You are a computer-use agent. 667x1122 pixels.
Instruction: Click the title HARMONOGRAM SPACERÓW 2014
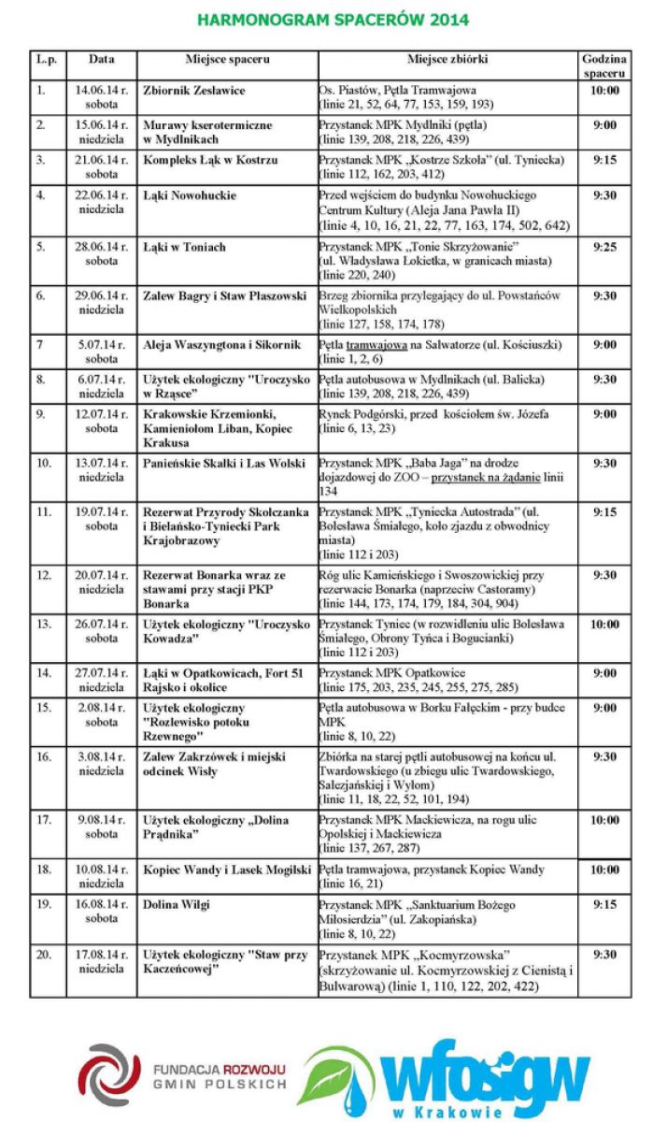coord(333,20)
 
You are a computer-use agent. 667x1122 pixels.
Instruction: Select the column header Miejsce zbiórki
coord(447,59)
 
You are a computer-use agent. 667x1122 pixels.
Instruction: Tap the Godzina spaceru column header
coord(603,65)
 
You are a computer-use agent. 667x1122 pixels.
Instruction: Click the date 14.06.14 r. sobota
coord(102,97)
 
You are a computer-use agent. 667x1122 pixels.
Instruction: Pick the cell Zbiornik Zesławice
coord(194,91)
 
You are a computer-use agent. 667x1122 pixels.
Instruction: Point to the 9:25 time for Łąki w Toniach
coord(604,248)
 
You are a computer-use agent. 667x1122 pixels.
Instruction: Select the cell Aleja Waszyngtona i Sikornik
coord(222,345)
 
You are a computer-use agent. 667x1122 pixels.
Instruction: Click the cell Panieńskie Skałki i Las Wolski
coord(224,463)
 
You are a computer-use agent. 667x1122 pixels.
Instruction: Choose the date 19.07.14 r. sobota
coord(102,519)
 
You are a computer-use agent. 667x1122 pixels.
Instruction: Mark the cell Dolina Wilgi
coord(177,904)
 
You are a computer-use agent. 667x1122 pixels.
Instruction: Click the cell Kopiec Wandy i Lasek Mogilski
coord(227,870)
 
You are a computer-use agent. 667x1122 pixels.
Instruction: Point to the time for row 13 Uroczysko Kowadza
coord(604,624)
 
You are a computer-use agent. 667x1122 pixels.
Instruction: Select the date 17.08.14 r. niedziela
coord(102,961)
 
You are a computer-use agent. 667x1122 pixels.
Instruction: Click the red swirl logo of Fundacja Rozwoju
coord(108,1074)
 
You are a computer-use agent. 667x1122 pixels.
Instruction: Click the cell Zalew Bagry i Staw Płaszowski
coord(225,296)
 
